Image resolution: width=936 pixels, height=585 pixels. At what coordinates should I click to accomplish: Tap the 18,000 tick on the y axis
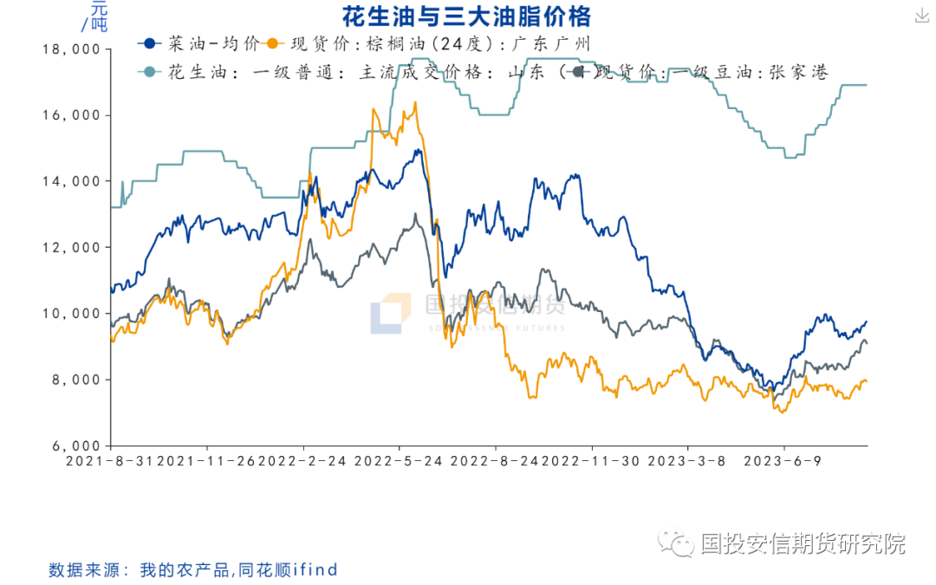[x=71, y=49]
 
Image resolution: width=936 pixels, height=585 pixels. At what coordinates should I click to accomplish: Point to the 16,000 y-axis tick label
[x=71, y=115]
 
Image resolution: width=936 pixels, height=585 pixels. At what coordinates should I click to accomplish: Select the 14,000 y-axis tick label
[x=71, y=181]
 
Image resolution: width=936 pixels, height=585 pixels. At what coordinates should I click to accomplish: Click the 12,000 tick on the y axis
[x=71, y=247]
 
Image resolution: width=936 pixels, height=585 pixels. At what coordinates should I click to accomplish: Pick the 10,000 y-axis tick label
[x=71, y=313]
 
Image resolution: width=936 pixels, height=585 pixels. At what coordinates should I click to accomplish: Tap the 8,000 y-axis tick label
[x=75, y=380]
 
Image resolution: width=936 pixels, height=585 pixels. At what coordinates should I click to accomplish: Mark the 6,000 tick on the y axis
[x=75, y=445]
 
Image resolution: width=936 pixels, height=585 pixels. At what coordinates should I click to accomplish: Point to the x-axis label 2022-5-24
[x=400, y=461]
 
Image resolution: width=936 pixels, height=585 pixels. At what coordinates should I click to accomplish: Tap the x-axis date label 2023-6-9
[x=783, y=461]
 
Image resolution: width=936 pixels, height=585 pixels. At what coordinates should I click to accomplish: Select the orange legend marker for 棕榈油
[x=274, y=43]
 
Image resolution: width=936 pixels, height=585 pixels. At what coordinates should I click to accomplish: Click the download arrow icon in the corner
[x=920, y=16]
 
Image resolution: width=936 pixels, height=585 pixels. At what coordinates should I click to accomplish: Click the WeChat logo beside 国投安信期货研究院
[x=676, y=543]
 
